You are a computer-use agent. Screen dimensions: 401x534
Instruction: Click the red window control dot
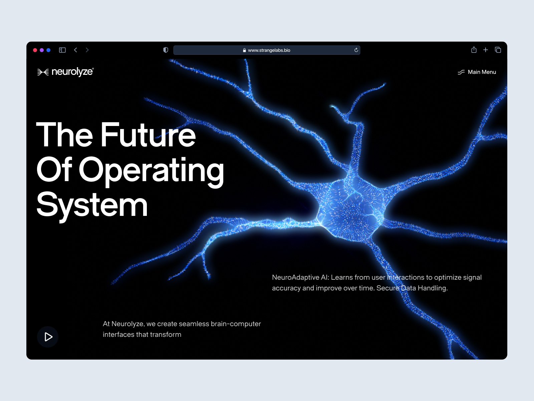click(x=35, y=50)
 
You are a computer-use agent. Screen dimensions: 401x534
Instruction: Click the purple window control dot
click(x=42, y=50)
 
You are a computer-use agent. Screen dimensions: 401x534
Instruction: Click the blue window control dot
click(x=48, y=50)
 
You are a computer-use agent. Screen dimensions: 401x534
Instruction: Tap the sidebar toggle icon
click(x=62, y=50)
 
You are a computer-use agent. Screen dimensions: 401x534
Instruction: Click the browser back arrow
click(x=76, y=50)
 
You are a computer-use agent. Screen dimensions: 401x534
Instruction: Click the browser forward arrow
click(x=87, y=50)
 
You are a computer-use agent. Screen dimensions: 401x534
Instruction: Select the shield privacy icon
click(x=166, y=50)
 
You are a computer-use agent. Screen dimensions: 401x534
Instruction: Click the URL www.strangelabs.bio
click(x=269, y=50)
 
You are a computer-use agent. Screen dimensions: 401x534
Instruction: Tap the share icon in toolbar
click(x=474, y=50)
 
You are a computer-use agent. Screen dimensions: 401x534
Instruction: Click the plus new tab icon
click(x=486, y=50)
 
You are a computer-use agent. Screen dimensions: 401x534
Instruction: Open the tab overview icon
click(x=498, y=50)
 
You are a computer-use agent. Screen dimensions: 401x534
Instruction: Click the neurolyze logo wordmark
click(x=72, y=72)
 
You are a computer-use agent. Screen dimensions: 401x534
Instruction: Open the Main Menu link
click(x=482, y=72)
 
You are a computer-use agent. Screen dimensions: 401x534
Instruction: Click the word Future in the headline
click(x=148, y=135)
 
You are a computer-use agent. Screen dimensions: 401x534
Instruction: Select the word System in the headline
click(x=92, y=205)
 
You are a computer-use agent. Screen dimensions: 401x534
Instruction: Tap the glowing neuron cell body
click(x=350, y=209)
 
